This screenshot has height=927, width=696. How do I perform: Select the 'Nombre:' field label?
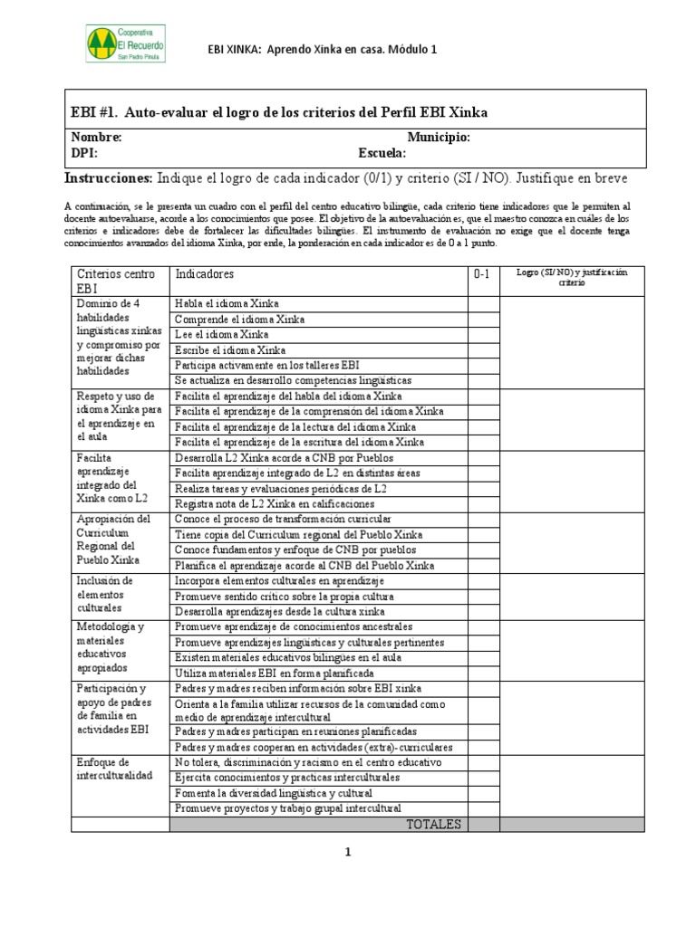96,137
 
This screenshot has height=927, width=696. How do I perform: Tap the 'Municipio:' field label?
439,137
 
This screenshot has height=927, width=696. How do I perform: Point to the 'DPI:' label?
84,153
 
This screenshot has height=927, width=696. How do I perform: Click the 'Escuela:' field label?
382,153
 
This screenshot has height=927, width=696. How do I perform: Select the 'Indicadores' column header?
205,273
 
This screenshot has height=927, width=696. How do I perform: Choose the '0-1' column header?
482,274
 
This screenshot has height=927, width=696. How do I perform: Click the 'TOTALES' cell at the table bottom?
433,824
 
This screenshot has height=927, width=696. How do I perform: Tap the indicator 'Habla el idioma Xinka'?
227,303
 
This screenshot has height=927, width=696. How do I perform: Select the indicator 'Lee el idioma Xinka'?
222,334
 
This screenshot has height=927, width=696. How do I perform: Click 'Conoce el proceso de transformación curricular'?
283,519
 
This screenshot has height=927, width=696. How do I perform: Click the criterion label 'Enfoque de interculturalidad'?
117,769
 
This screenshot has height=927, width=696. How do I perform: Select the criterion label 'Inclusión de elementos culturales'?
107,595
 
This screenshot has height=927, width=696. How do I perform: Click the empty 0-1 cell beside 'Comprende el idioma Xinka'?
483,319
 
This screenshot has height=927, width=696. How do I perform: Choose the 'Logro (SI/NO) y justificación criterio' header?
571,278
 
